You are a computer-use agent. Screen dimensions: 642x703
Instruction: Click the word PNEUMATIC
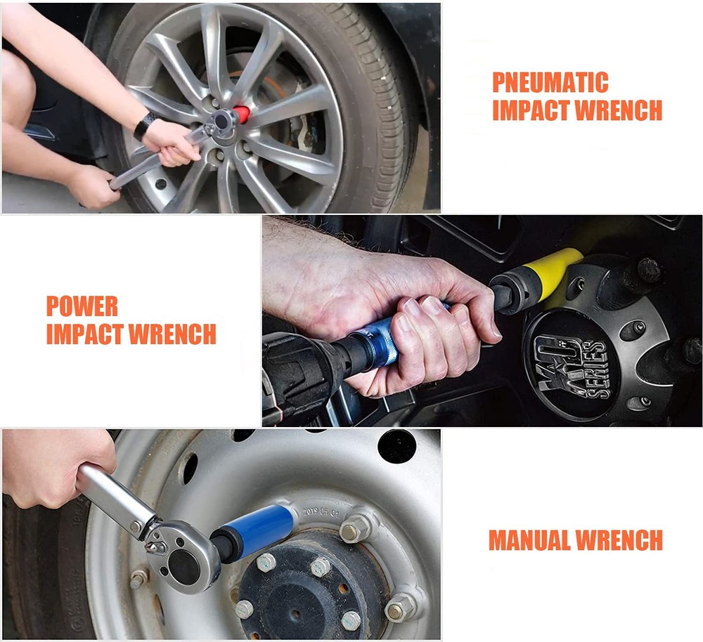(550, 82)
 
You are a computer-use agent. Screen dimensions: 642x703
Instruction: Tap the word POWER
(82, 306)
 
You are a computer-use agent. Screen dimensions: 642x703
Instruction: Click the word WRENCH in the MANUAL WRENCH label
(619, 540)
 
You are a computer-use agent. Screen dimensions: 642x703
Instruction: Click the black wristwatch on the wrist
(145, 126)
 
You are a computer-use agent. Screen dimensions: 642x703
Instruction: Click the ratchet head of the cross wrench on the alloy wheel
(224, 122)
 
